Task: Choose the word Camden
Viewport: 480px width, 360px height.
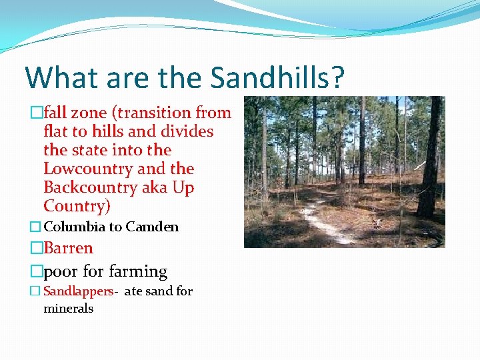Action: pyautogui.click(x=152, y=227)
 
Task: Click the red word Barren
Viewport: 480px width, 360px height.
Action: pyautogui.click(x=68, y=248)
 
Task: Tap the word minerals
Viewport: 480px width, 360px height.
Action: pyautogui.click(x=68, y=309)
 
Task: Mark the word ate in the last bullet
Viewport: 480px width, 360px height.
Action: pyautogui.click(x=133, y=291)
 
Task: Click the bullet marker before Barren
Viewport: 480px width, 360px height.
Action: pyautogui.click(x=36, y=249)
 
